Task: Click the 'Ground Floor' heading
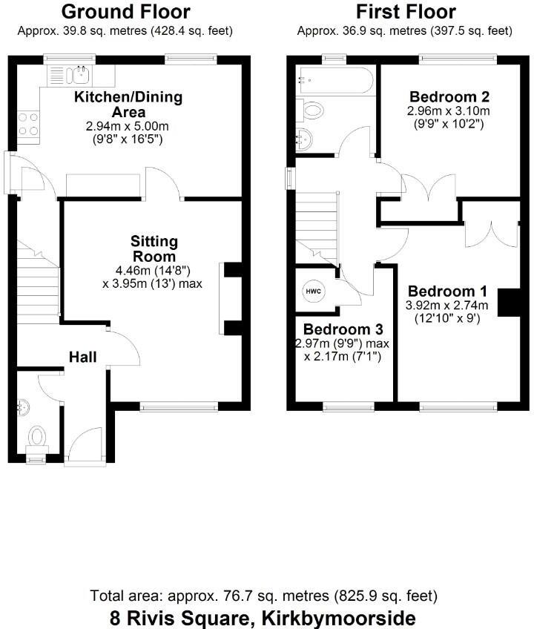coord(125,12)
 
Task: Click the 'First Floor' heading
coord(405,12)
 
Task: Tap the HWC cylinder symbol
coord(313,290)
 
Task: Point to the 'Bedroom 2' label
coord(439,96)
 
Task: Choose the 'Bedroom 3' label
coord(337,329)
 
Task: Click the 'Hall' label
coord(83,358)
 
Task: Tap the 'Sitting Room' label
coord(154,248)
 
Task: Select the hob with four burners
coord(27,123)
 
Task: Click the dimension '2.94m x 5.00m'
coord(125,127)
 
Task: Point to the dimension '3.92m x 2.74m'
coord(446,305)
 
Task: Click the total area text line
coord(263,596)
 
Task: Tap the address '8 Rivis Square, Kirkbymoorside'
coord(263,617)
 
